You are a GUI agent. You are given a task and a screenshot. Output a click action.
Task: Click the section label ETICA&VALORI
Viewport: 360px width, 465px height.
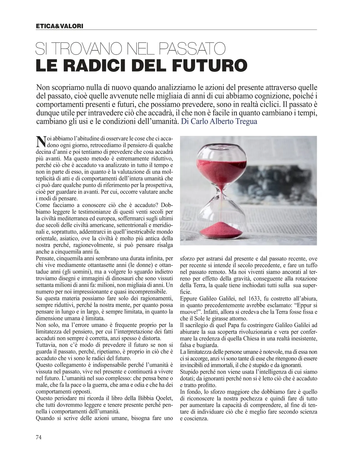pos(59,26)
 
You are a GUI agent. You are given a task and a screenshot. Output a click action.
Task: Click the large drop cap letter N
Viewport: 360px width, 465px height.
pos(40,142)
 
